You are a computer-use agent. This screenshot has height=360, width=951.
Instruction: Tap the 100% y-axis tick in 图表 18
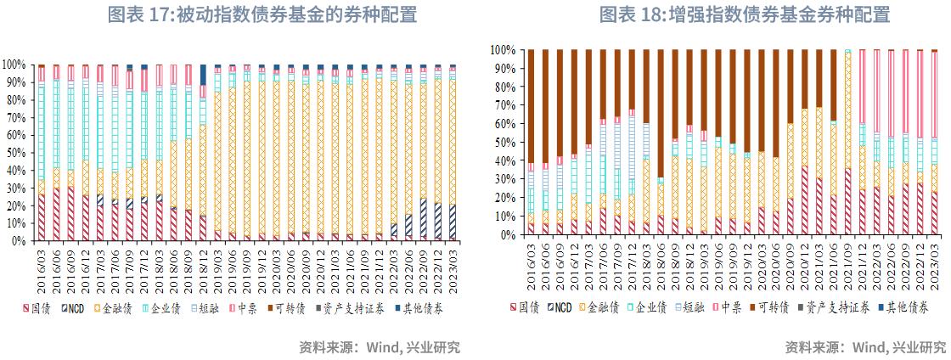(501, 50)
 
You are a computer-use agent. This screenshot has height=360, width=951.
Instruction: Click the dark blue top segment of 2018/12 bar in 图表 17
(203, 74)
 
